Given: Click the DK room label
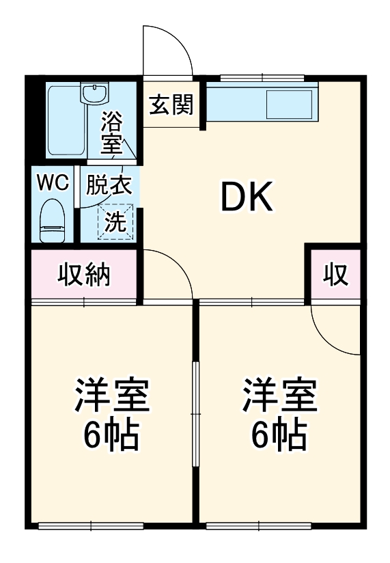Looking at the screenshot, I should (246, 197).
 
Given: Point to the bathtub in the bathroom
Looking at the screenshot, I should (66, 121).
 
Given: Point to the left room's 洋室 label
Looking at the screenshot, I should (112, 396).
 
